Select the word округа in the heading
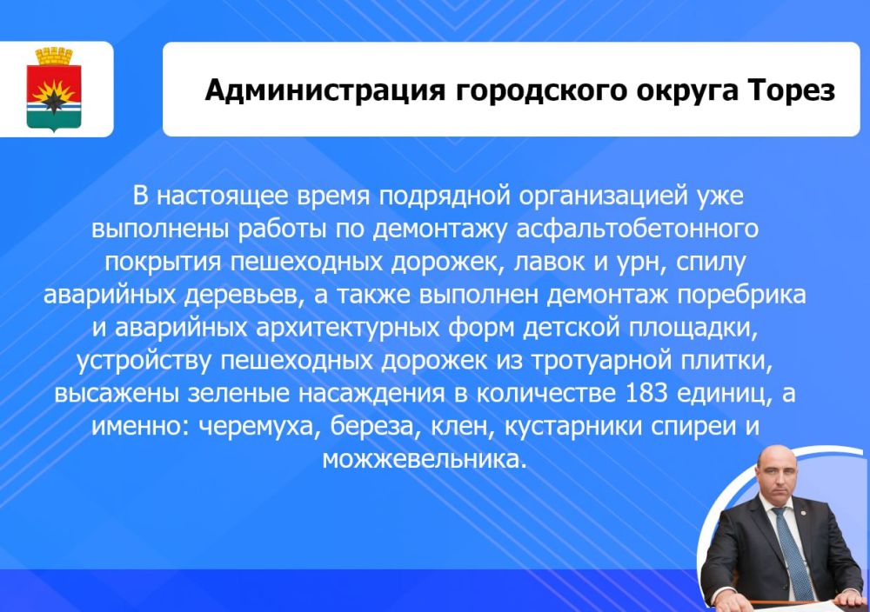point(674,90)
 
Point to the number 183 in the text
point(647,393)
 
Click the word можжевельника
point(425,458)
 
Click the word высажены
point(117,393)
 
